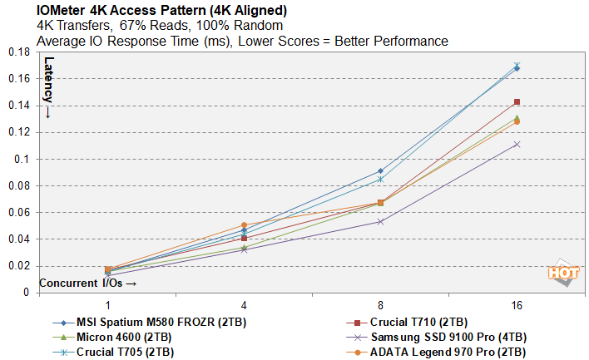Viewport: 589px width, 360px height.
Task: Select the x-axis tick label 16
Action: [517, 306]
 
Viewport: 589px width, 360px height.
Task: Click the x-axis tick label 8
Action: [380, 306]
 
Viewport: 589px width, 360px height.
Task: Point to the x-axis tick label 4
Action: [244, 306]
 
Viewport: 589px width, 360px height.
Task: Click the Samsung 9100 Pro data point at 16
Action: [517, 144]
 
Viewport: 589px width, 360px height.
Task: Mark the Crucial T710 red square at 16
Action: [517, 102]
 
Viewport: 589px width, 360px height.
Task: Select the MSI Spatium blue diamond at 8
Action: [380, 171]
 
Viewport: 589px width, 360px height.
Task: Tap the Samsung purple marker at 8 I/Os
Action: [380, 221]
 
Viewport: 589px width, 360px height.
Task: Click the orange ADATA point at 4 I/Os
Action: [244, 225]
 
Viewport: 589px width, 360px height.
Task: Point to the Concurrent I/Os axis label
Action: [82, 284]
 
